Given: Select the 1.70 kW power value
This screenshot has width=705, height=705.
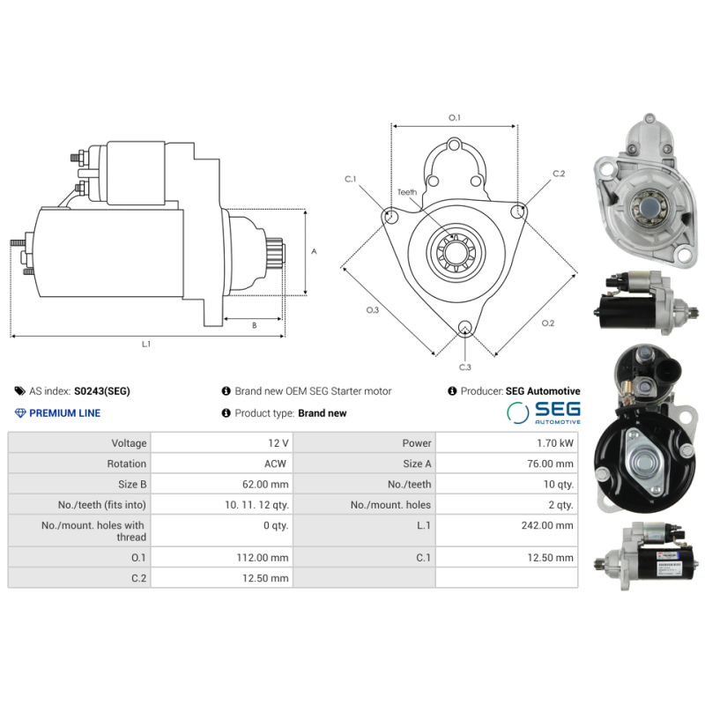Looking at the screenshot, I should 555,443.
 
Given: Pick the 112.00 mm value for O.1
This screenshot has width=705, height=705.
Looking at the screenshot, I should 266,557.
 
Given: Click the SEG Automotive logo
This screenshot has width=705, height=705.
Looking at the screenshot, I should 544,413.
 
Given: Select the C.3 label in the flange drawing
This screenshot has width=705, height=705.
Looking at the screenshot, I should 464,367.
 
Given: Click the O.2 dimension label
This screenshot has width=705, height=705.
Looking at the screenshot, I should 547,323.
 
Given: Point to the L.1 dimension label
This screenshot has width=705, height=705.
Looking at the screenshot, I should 146,345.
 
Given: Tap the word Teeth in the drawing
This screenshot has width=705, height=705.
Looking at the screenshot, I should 406,192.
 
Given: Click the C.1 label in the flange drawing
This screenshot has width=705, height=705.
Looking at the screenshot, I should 350,180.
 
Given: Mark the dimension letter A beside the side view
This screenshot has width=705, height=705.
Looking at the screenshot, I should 314,251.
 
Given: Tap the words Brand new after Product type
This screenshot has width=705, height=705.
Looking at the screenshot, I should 323,413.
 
